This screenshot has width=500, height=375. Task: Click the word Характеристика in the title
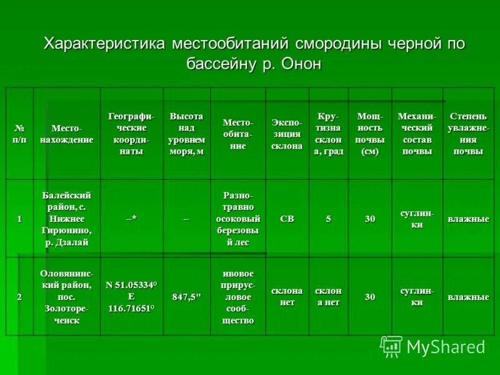[102, 44]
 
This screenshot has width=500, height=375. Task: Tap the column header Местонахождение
[67, 134]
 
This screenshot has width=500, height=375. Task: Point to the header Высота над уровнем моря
[186, 133]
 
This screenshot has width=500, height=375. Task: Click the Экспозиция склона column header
[287, 133]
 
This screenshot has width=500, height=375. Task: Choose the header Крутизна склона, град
[328, 133]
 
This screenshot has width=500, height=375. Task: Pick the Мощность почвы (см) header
[370, 133]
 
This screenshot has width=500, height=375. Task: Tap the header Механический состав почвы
[417, 133]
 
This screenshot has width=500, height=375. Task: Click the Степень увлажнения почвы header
[468, 133]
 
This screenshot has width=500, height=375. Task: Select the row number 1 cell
[19, 219]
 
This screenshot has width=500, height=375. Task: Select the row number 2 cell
[19, 297]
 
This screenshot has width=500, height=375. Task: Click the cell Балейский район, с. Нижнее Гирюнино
[67, 219]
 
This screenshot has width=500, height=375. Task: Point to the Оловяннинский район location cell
[67, 297]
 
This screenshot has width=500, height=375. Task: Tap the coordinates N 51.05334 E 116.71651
[131, 297]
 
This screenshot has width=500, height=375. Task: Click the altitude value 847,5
[186, 297]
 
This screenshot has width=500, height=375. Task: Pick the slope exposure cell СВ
[287, 219]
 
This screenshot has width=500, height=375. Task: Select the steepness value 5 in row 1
[328, 219]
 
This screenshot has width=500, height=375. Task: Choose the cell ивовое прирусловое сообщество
[237, 297]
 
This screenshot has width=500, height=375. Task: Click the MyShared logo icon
[391, 346]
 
